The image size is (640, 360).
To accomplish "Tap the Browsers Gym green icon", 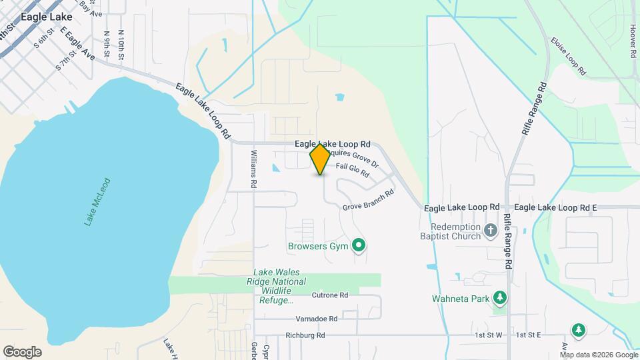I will [359, 247].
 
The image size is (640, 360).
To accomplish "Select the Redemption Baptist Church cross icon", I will [491, 231].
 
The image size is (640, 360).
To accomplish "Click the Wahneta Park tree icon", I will [499, 297].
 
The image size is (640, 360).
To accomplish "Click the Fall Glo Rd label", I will [353, 170].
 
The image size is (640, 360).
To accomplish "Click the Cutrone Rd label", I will [330, 295].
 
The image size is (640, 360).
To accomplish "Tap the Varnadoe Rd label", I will [317, 319].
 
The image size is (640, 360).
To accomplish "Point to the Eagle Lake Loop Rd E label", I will [555, 208].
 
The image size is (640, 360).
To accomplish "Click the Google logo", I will [22, 352].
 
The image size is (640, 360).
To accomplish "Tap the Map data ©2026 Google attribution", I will [597, 355].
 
